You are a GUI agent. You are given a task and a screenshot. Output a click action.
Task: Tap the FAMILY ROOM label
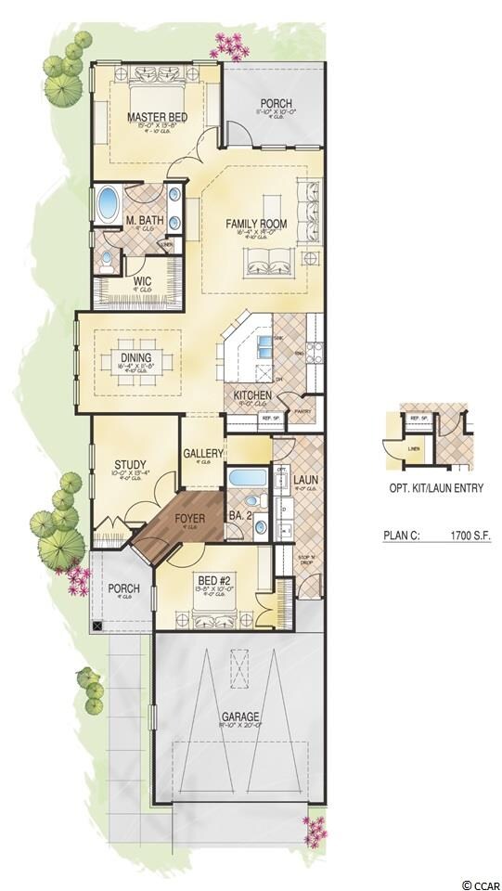tap(256, 224)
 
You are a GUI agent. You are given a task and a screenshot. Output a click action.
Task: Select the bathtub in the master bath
tap(108, 202)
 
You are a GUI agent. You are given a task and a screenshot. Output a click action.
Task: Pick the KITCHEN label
tap(252, 395)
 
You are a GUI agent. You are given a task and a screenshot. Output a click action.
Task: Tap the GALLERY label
tap(203, 453)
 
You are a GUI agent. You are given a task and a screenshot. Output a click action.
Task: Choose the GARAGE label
tap(240, 717)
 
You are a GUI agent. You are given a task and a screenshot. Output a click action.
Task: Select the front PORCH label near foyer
tap(123, 588)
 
